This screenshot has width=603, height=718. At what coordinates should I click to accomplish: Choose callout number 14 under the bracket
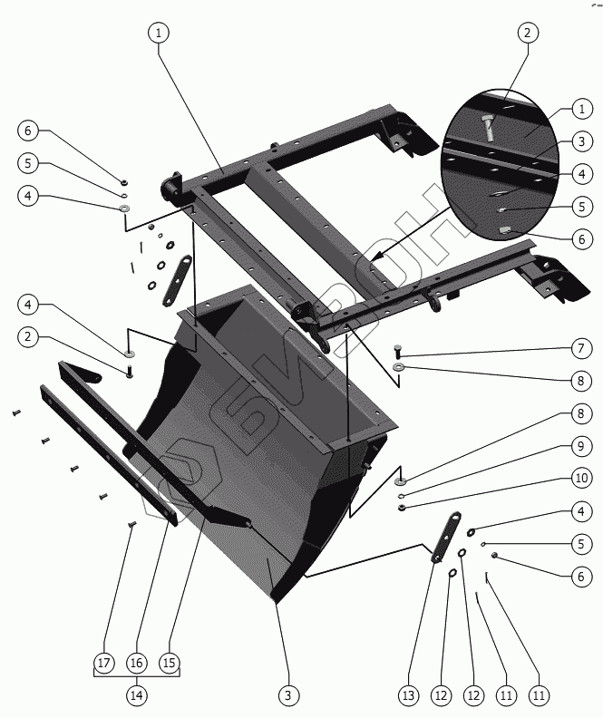click(x=136, y=695)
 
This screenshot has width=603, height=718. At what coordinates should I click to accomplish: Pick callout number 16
click(x=136, y=663)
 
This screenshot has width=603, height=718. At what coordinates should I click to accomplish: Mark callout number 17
click(x=104, y=663)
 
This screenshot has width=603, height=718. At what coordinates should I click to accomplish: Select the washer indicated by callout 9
click(x=400, y=496)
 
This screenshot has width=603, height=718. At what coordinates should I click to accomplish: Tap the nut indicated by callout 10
click(x=400, y=507)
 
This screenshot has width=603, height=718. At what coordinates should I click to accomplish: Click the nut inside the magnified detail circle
click(x=504, y=230)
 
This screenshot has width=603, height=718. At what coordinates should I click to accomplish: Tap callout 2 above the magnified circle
click(x=526, y=33)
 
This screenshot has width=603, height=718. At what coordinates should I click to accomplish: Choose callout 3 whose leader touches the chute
click(x=287, y=695)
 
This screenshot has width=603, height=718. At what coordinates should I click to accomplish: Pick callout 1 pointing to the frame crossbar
click(x=158, y=33)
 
